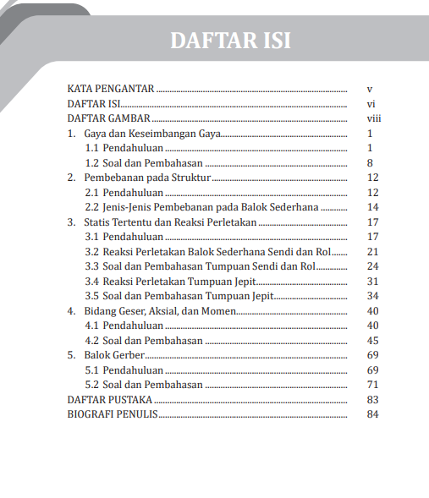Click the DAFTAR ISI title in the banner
(230, 40)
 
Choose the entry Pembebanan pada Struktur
(146, 178)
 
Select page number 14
(371, 207)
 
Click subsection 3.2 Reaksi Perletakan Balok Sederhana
(206, 252)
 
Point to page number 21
(371, 252)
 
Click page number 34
(371, 296)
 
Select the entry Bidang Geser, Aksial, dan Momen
(160, 311)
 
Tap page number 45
(371, 341)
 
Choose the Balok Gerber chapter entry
(114, 355)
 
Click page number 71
(371, 385)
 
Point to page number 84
(371, 414)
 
